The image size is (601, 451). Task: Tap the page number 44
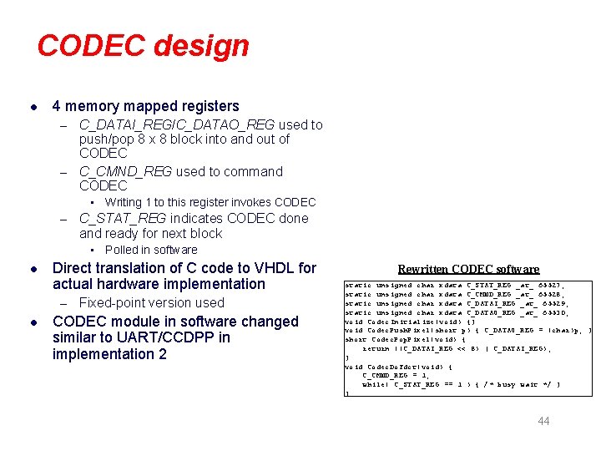pos(544,421)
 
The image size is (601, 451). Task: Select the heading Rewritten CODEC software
pos(468,269)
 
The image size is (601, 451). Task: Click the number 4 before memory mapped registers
pos(56,106)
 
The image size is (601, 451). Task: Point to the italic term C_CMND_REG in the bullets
pos(125,171)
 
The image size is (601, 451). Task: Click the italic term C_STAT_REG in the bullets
pos(123,218)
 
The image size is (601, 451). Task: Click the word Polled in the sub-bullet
pos(122,250)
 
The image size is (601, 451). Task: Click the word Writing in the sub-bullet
pos(124,202)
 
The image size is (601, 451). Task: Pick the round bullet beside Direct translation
pos(32,269)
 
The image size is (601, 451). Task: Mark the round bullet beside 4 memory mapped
pos(32,107)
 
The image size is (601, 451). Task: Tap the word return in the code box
pos(378,348)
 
